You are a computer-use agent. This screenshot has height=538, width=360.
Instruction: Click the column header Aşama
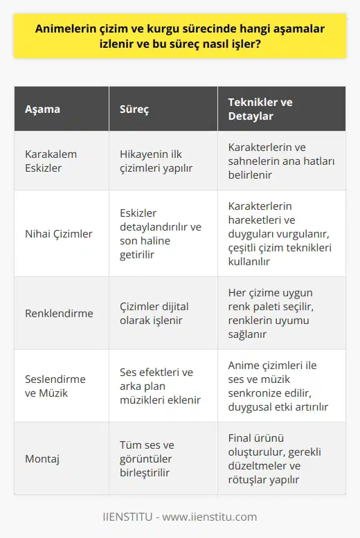click(42, 109)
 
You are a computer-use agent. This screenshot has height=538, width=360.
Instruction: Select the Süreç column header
click(136, 109)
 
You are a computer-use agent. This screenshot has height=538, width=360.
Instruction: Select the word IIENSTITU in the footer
click(123, 517)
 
